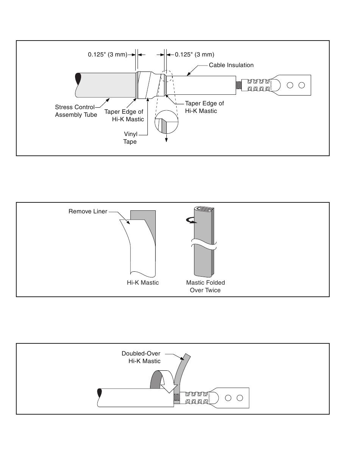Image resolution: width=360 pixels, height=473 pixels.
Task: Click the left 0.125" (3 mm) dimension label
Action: (108, 55)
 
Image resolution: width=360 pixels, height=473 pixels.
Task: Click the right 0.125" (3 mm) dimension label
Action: (194, 55)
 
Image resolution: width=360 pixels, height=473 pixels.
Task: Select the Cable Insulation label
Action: (231, 65)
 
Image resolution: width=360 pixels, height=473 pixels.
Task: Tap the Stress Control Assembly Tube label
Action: (76, 111)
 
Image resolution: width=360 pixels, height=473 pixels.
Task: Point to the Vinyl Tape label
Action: (130, 138)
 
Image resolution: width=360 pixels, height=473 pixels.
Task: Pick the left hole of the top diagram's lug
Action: (290, 85)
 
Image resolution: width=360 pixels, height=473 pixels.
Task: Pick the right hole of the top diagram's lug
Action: (302, 85)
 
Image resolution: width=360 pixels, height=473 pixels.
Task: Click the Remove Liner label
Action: (88, 211)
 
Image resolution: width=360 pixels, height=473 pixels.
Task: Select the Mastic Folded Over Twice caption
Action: (205, 286)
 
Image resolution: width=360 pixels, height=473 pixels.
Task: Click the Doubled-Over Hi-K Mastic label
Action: (141, 357)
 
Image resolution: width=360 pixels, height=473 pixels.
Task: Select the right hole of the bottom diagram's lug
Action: (239, 398)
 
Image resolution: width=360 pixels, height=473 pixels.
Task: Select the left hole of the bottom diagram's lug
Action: (228, 398)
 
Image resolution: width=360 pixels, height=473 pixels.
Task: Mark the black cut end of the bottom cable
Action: (100, 393)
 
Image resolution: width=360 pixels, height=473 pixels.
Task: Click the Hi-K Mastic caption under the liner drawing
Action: (143, 283)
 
